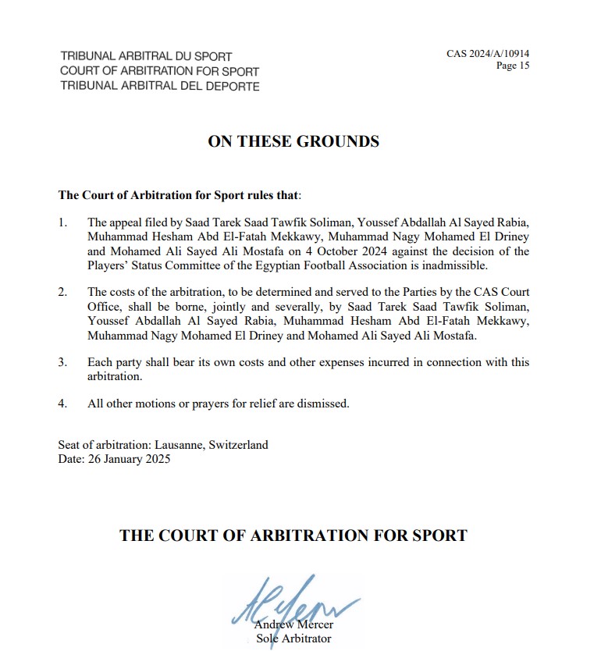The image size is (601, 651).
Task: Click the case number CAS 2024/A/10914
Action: (x=488, y=54)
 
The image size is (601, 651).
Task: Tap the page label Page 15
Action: (x=513, y=66)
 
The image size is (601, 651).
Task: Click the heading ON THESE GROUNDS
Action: (x=293, y=141)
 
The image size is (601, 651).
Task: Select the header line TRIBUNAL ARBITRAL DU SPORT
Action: (x=146, y=57)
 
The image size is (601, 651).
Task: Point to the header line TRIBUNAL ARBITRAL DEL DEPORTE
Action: (x=160, y=86)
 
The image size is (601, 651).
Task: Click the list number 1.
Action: (x=63, y=222)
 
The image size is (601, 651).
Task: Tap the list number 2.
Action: (x=63, y=292)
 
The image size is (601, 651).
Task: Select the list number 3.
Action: (x=63, y=363)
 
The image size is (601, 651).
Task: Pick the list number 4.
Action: (x=63, y=404)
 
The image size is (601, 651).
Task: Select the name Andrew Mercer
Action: (x=293, y=625)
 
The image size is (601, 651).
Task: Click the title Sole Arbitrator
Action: (x=293, y=639)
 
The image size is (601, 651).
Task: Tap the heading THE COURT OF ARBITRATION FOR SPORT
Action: (x=293, y=535)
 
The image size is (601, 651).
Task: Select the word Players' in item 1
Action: (x=109, y=265)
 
